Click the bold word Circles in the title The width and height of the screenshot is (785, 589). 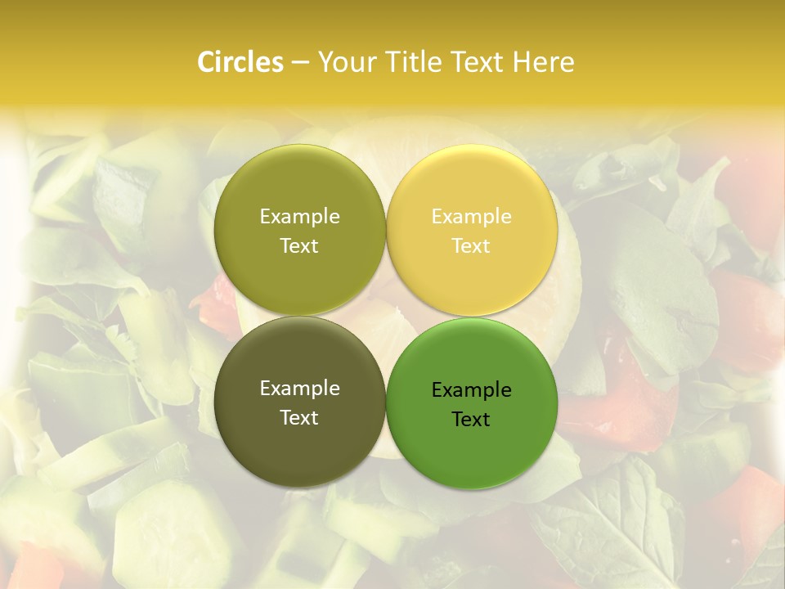(x=240, y=62)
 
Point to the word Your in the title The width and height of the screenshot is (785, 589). (x=343, y=62)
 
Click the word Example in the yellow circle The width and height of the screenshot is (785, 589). (x=471, y=217)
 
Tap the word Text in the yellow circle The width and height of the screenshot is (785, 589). (x=471, y=246)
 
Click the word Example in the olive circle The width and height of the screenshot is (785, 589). (x=299, y=217)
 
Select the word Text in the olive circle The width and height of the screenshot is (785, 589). (x=299, y=246)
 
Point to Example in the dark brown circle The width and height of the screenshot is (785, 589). (x=299, y=389)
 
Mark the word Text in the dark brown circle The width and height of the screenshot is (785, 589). (x=299, y=418)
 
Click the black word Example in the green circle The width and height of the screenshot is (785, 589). (x=471, y=390)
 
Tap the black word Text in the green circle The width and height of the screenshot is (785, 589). (x=471, y=420)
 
